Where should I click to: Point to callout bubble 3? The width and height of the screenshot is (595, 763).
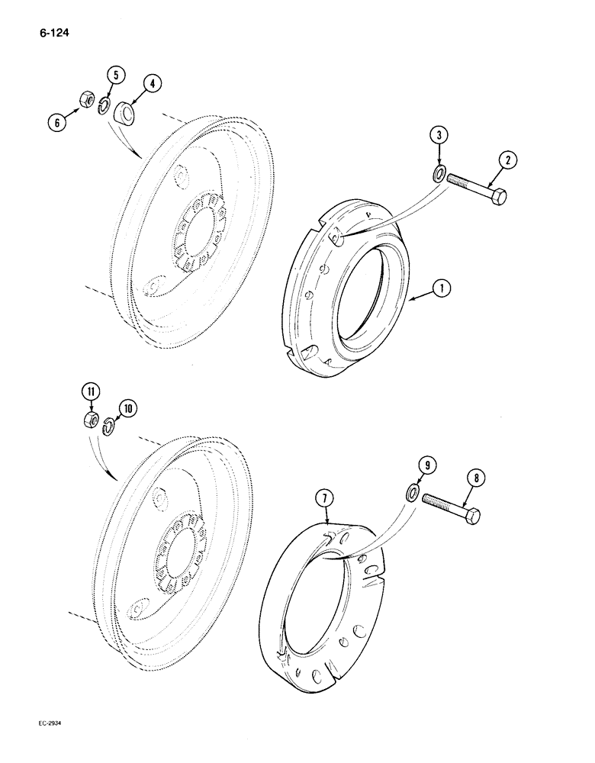coord(437,135)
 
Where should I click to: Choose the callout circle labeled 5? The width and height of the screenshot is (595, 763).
coord(117,75)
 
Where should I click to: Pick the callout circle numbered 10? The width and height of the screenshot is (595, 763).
coord(127,408)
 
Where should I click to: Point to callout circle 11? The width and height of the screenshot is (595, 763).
coord(91,394)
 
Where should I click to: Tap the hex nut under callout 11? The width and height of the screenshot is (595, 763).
coord(91,420)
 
